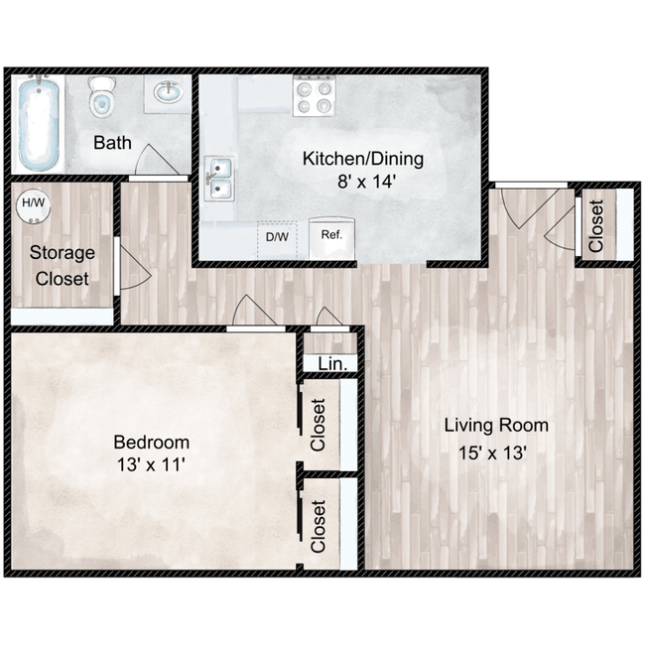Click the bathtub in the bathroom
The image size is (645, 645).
(x=39, y=123)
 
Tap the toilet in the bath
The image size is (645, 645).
(x=101, y=97)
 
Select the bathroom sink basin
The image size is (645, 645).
(x=169, y=92)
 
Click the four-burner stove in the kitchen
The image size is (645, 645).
(x=315, y=95)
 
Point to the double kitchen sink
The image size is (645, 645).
(x=219, y=179)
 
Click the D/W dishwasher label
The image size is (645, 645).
(x=277, y=237)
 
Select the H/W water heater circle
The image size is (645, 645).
(x=33, y=205)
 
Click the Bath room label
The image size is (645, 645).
(x=112, y=143)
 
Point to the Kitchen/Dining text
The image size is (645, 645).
(x=363, y=159)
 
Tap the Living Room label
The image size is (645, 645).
(x=496, y=426)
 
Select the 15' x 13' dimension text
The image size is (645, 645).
(x=493, y=453)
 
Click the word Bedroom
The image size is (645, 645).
(x=152, y=443)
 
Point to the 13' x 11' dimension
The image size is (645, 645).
(x=151, y=465)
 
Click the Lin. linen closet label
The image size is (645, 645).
(x=331, y=363)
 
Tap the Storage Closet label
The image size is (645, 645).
(x=63, y=266)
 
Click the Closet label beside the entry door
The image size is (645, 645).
(x=596, y=225)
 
